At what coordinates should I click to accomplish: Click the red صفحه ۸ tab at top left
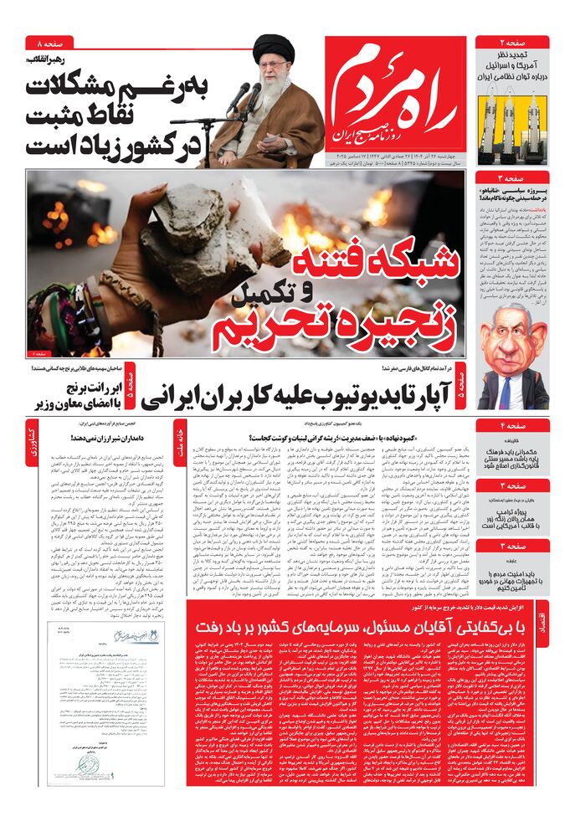[49, 43]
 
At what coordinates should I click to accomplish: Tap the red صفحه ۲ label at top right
[512, 43]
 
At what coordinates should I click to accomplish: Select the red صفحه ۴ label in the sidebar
[512, 425]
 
